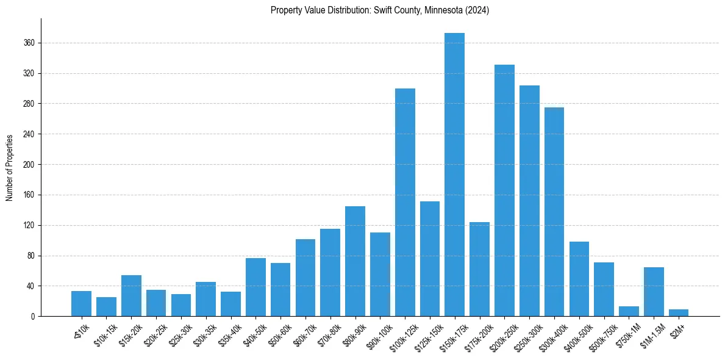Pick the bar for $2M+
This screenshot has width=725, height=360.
coord(678,313)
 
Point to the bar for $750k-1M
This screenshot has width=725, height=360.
coord(629,311)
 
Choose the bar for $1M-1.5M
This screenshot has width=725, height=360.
coord(654,292)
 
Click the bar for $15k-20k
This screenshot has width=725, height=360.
coord(131,296)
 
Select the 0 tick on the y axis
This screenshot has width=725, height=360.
coord(34,317)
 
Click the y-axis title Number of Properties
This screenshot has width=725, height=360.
coord(10,168)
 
